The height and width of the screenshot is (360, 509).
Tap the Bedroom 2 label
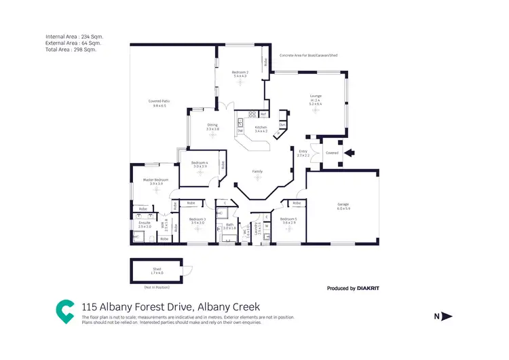pos(240,73)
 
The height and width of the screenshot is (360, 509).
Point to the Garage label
pos(343,204)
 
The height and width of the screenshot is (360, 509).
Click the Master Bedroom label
pos(153,180)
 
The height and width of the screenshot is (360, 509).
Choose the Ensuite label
pos(144,223)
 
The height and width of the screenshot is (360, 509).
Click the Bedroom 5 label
pos(288,219)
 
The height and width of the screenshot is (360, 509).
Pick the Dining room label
pos(212,125)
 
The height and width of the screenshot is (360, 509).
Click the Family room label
pos(257,171)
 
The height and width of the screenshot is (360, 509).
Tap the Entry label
pos(303,151)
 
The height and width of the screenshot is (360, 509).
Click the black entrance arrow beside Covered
pos(349,153)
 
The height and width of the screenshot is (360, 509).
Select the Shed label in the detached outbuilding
pos(157,269)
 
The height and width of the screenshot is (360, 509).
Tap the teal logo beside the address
pos(65,310)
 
